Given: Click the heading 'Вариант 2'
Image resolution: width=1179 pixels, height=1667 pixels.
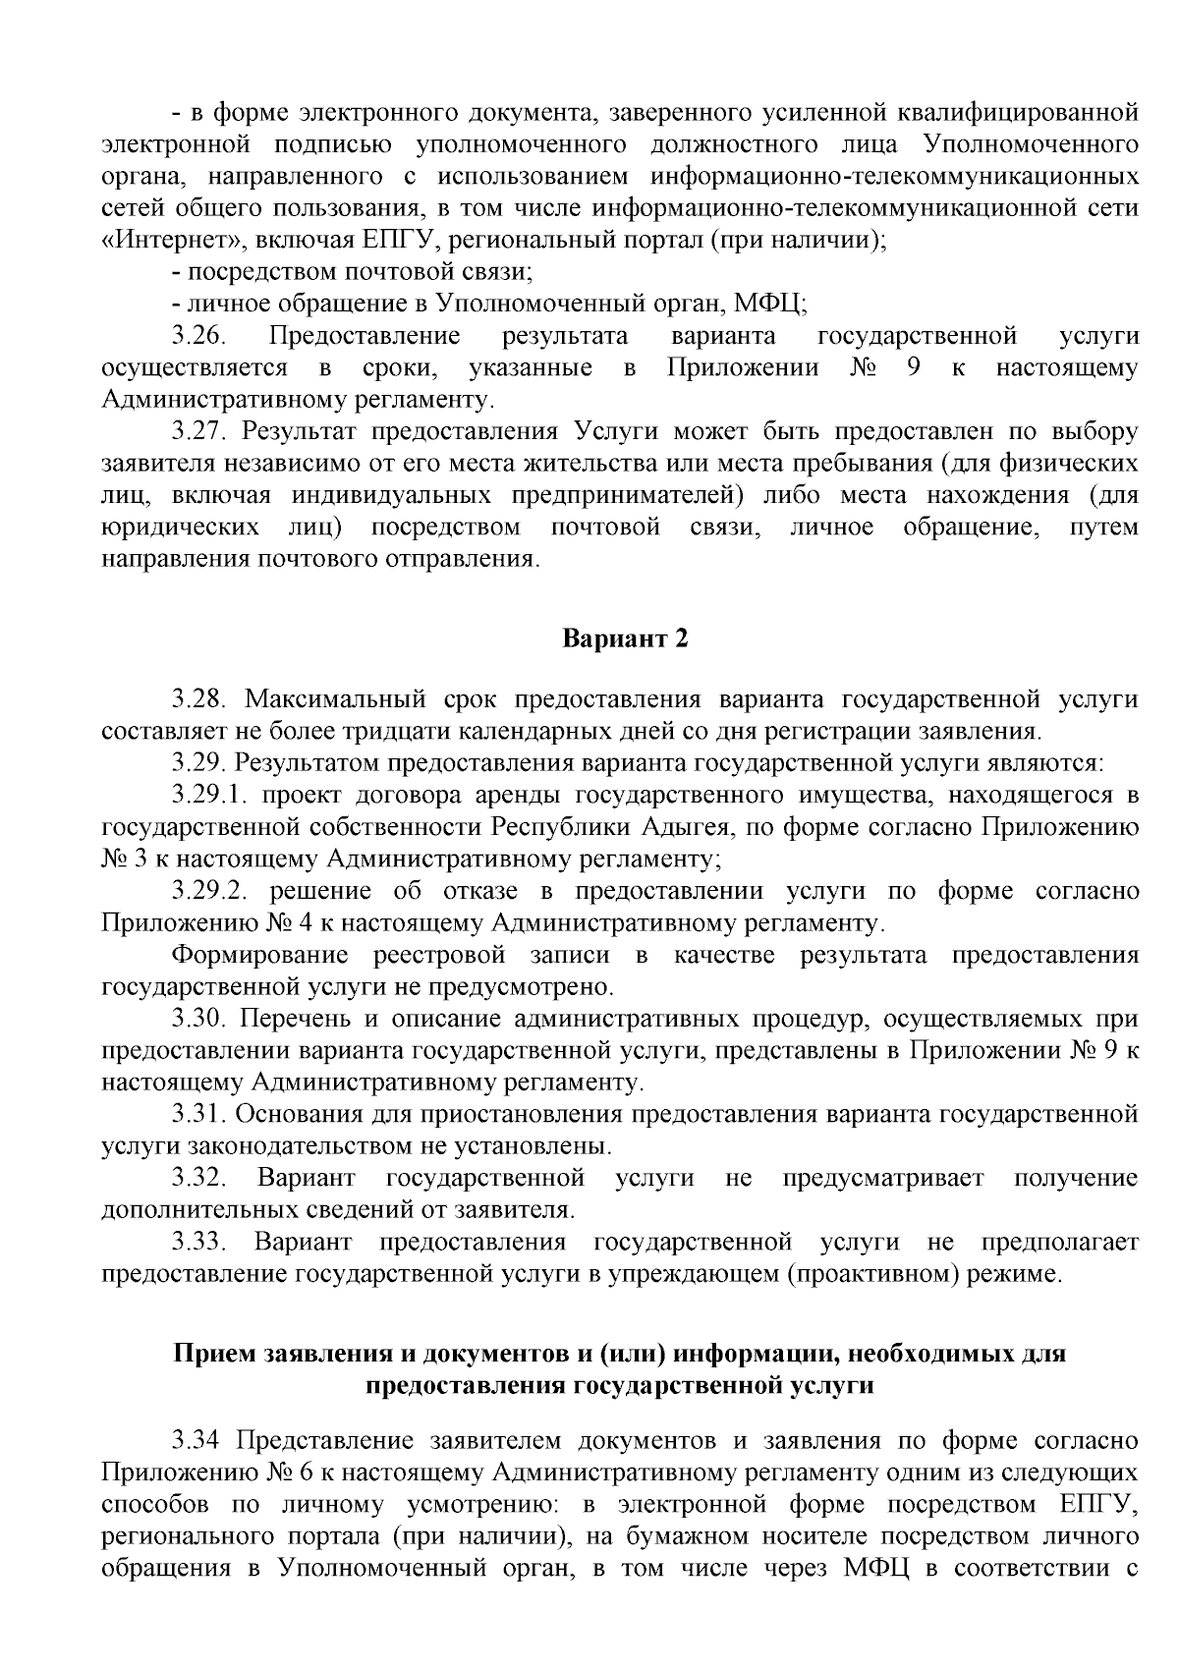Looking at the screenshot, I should coord(625,639).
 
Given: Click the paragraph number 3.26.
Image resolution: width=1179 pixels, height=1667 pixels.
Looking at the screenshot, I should coord(199,337).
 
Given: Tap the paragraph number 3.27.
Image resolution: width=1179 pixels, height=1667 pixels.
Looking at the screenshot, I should coord(199,432).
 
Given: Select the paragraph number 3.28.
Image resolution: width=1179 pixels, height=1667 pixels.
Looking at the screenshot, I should coord(199,699).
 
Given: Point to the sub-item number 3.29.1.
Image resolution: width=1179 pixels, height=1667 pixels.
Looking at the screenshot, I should coord(208,795).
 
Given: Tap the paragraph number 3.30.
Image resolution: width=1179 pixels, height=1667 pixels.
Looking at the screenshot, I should coord(199,1018).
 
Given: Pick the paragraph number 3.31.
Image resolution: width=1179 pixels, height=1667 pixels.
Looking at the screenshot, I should coord(199,1114).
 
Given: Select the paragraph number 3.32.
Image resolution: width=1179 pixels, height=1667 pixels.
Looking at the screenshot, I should coord(199,1178).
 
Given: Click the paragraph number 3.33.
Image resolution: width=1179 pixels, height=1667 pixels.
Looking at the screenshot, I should coord(199,1242).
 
